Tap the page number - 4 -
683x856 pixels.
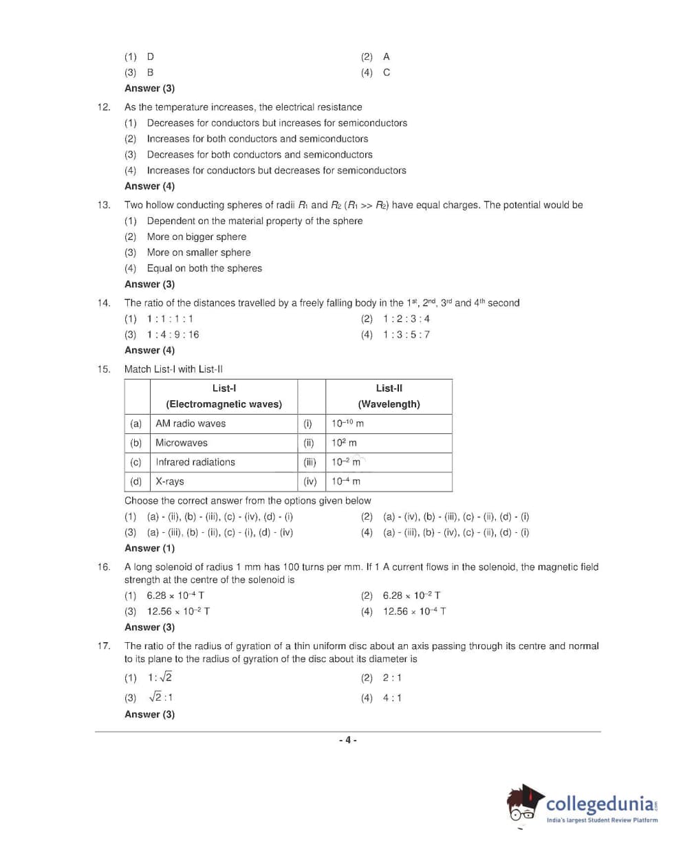347,740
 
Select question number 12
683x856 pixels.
104,107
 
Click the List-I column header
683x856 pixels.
224,396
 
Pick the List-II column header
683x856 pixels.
389,396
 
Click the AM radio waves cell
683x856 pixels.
191,424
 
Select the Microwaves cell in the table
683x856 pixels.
182,443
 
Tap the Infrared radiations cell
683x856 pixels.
195,462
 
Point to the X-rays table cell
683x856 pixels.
170,481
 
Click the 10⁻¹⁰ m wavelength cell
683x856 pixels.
347,424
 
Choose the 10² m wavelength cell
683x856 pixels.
344,443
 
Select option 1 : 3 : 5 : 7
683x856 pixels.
406,335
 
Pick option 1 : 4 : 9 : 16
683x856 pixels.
173,335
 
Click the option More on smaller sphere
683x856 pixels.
199,252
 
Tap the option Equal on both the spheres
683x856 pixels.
204,268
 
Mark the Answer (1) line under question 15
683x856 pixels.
149,548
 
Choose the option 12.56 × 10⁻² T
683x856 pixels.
178,611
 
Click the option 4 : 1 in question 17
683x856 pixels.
392,698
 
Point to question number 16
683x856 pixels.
104,567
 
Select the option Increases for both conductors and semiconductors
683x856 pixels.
257,139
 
